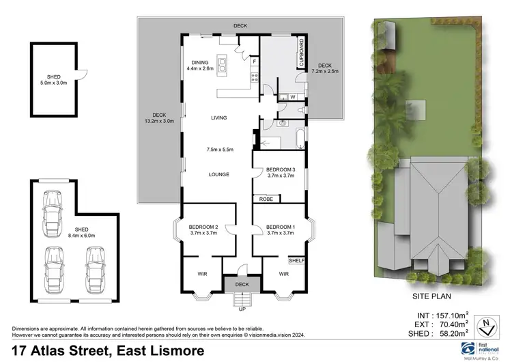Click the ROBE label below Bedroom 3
point(264,199)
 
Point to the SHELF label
point(296,260)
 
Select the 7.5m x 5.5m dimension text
point(218,150)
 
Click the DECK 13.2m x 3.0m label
point(159,118)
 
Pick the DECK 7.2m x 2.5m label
point(325,67)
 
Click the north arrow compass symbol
point(486,323)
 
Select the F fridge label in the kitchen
point(254,62)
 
